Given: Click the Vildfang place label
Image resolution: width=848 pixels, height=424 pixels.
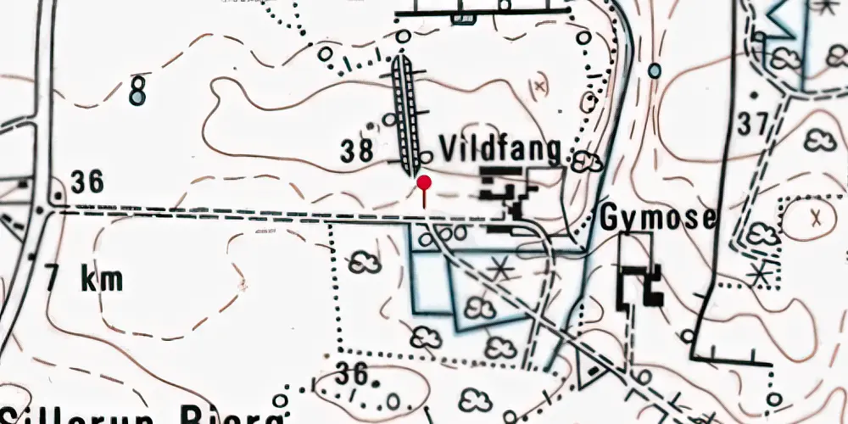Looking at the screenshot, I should pyautogui.click(x=500, y=149).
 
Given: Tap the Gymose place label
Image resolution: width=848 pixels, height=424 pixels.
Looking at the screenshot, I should pyautogui.click(x=658, y=219).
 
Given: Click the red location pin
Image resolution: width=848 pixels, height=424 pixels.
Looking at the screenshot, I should pyautogui.click(x=424, y=183).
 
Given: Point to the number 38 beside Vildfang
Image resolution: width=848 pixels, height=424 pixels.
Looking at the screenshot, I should pyautogui.click(x=358, y=152).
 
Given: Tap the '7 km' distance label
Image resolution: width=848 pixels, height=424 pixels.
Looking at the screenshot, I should pyautogui.click(x=85, y=279).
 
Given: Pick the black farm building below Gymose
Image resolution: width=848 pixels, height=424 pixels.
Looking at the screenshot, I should pyautogui.click(x=641, y=286).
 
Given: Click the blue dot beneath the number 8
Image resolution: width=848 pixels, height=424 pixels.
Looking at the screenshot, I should pyautogui.click(x=137, y=101).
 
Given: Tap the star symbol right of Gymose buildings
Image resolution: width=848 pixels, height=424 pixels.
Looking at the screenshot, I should pyautogui.click(x=760, y=273).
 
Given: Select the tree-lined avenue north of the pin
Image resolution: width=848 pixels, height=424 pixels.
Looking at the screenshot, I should pyautogui.click(x=408, y=110).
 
